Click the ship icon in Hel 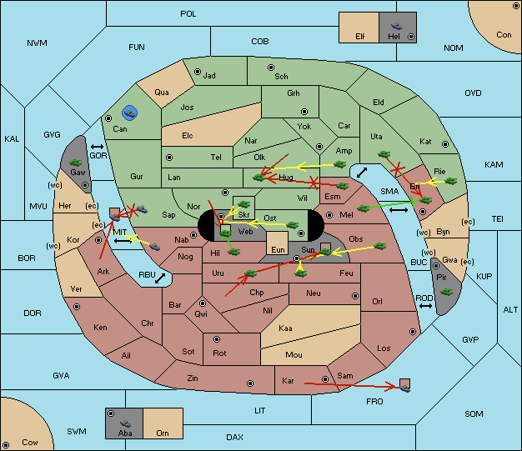pos(396,26)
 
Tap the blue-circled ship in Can pos(129,113)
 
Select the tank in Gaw pos(75,163)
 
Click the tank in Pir pos(446,292)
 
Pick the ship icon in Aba pos(126,423)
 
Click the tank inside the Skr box pos(243,204)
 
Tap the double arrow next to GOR pos(97,147)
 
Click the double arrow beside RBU pos(160,278)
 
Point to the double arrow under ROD pos(425,306)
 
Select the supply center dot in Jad pos(198,72)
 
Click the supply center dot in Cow pos(6,444)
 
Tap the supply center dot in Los pos(413,332)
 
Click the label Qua pos(162,93)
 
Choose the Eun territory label pos(278,250)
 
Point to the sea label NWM pos(37,43)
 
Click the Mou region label pos(294,355)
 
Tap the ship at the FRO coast pos(404,388)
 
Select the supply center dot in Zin pos(250,383)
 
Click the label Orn pos(163,433)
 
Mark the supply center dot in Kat pos(445,144)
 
